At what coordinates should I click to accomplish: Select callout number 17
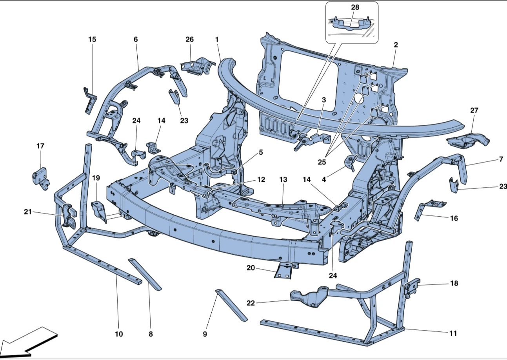(40, 146)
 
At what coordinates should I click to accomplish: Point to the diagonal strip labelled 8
(145, 274)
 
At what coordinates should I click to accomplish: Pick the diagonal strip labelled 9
(231, 305)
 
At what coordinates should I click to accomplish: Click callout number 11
(453, 334)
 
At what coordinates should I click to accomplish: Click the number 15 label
(92, 40)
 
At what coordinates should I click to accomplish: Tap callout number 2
(396, 45)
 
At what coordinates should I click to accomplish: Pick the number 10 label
(119, 334)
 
